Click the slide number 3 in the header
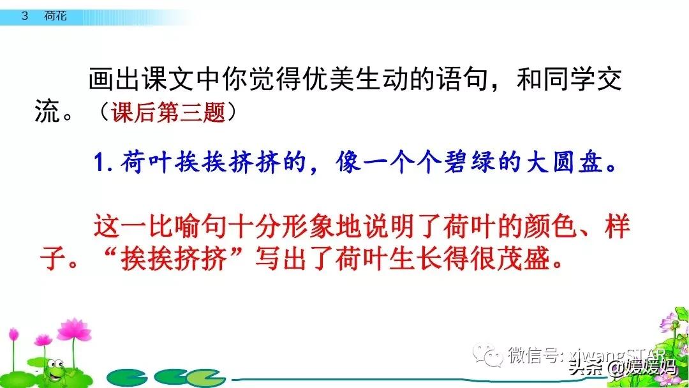coord(25,17)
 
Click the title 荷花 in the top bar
coord(56,17)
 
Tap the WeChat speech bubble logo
coord(492,354)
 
